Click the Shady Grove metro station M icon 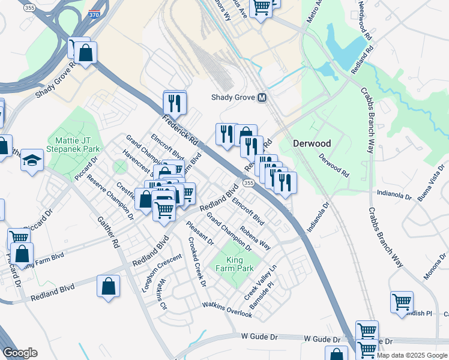tap(262, 97)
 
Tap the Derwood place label tap(312, 144)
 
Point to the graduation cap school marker tap(32, 160)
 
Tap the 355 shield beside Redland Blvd tap(248, 182)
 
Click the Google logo tap(20, 353)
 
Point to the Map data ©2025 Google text tap(412, 355)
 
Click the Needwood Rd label tap(363, 21)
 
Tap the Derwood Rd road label tap(334, 166)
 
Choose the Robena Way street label tap(255, 238)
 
